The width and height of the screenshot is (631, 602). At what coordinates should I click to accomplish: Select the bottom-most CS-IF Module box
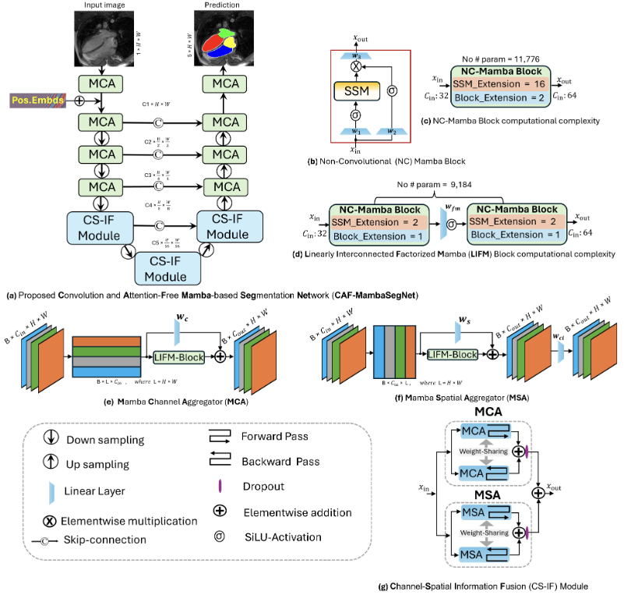coord(167,268)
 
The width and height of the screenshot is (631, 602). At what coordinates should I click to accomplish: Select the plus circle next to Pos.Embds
coord(76,101)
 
